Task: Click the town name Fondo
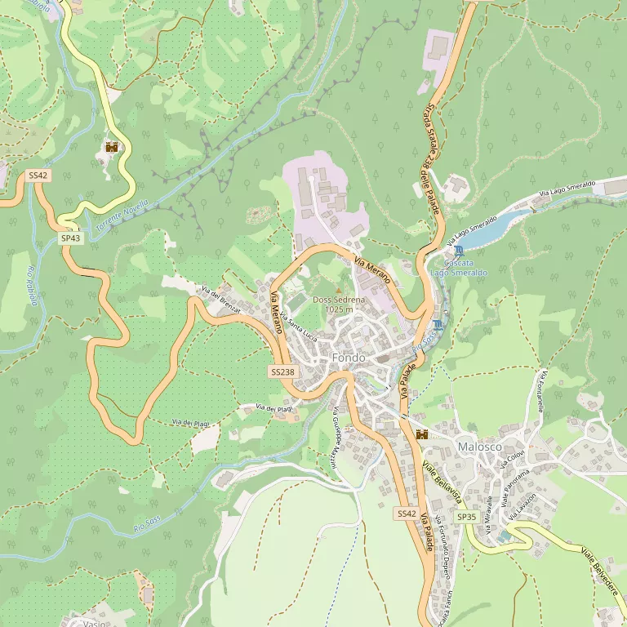click(349, 358)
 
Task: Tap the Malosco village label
click(479, 447)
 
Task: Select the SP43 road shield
click(70, 238)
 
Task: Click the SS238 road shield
click(282, 371)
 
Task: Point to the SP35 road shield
click(466, 517)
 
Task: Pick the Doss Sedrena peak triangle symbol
click(339, 290)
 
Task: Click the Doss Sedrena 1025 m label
click(339, 305)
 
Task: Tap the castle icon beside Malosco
click(422, 435)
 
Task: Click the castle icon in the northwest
click(112, 148)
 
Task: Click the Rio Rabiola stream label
click(33, 286)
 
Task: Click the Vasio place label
click(93, 623)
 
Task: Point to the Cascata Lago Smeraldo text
click(458, 269)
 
